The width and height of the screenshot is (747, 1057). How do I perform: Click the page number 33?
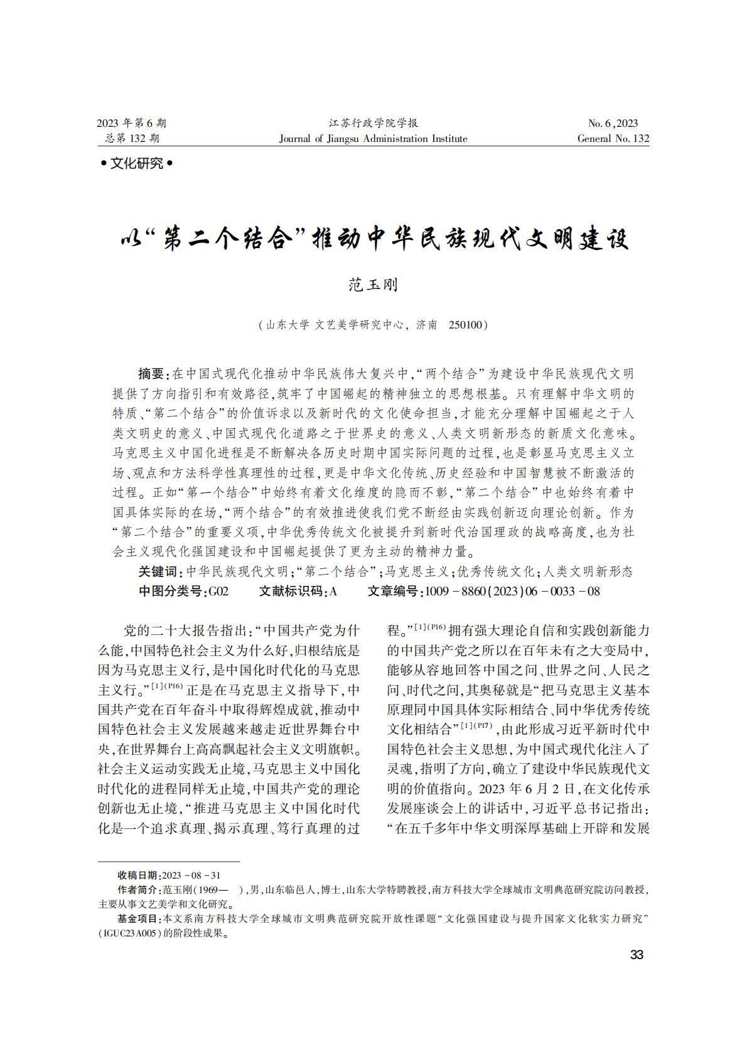(637, 955)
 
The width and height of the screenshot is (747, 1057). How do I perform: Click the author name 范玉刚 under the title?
(373, 285)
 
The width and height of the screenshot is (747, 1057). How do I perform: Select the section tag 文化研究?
(136, 164)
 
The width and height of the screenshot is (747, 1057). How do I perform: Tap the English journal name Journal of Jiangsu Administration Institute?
(373, 139)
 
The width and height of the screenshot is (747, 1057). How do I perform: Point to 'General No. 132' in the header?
(613, 139)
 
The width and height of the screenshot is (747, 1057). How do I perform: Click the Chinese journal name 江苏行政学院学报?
(373, 123)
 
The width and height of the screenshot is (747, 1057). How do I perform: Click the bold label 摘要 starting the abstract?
(150, 374)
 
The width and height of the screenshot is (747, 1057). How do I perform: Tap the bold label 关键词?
(157, 572)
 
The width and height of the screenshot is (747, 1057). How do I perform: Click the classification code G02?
(218, 591)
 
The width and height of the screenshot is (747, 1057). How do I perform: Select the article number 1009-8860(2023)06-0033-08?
(512, 591)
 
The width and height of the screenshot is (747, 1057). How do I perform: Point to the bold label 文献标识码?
(291, 591)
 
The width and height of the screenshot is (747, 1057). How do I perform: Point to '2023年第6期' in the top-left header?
(131, 123)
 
